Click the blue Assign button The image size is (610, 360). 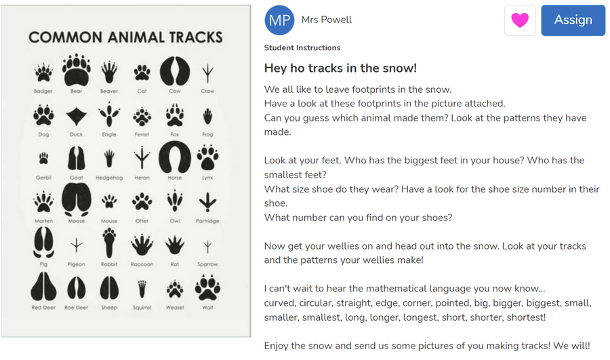point(573,20)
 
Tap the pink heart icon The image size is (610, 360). point(520,20)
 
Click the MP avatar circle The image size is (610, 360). point(279,20)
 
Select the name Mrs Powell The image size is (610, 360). point(327,20)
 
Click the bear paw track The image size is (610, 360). point(76,70)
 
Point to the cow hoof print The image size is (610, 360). point(175,71)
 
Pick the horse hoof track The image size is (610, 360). point(175,157)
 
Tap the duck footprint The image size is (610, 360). point(76,117)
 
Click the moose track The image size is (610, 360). point(76,200)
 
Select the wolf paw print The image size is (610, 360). point(207,287)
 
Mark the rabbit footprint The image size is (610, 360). point(109,243)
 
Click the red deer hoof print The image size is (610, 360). point(43,287)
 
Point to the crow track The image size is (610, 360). point(208,73)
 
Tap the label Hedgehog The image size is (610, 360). point(109,178)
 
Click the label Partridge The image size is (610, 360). point(208,221)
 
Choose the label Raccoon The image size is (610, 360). point(142,264)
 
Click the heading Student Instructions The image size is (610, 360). point(302,48)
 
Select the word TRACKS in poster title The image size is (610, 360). point(196,37)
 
